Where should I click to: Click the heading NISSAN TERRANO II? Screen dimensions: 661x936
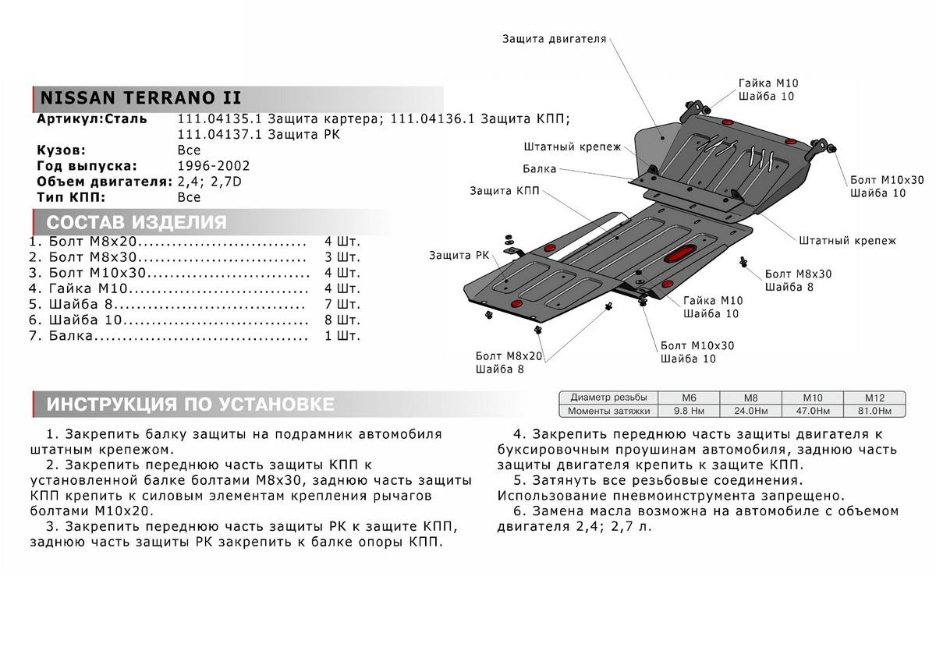pos(140,98)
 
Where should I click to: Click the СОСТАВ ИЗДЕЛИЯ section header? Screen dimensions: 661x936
pos(136,223)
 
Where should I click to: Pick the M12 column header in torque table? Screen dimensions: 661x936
pos(874,397)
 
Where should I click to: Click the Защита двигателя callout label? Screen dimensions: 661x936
pos(554,38)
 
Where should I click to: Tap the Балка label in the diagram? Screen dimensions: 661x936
pos(540,168)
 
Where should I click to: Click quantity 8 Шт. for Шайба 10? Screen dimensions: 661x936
pos(342,320)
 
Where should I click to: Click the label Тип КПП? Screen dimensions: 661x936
pos(70,197)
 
